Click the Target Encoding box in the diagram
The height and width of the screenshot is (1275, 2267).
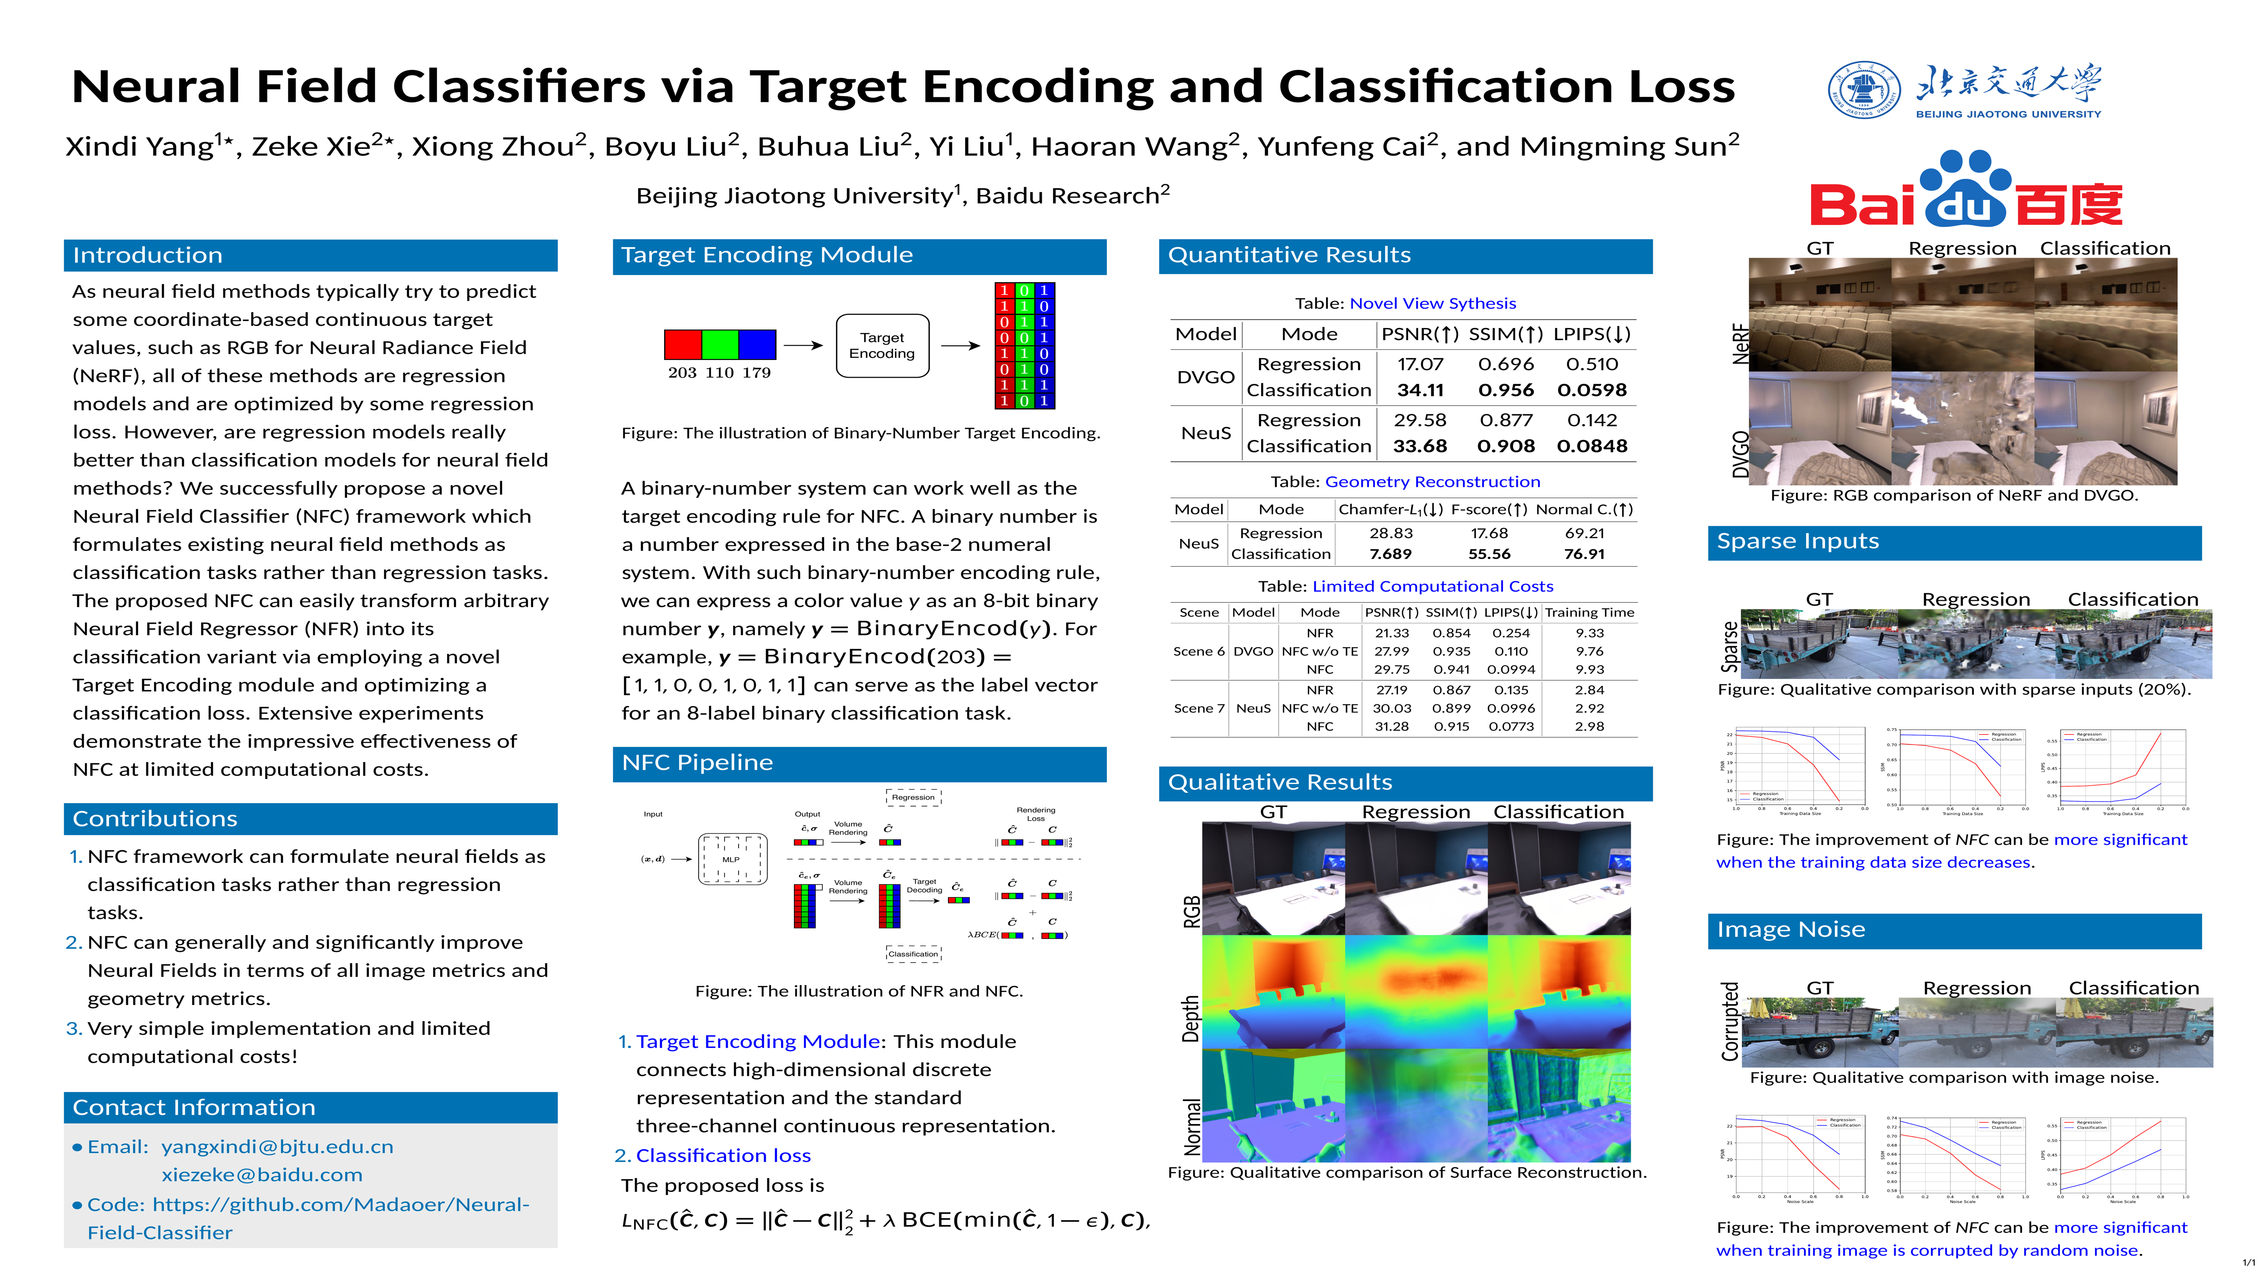point(882,346)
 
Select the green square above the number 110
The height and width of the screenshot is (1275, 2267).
point(720,344)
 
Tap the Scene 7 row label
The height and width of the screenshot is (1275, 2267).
point(1199,708)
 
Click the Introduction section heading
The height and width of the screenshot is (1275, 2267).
point(148,255)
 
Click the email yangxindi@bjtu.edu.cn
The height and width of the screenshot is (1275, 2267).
point(277,1147)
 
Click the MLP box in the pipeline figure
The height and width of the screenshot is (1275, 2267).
point(731,859)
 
